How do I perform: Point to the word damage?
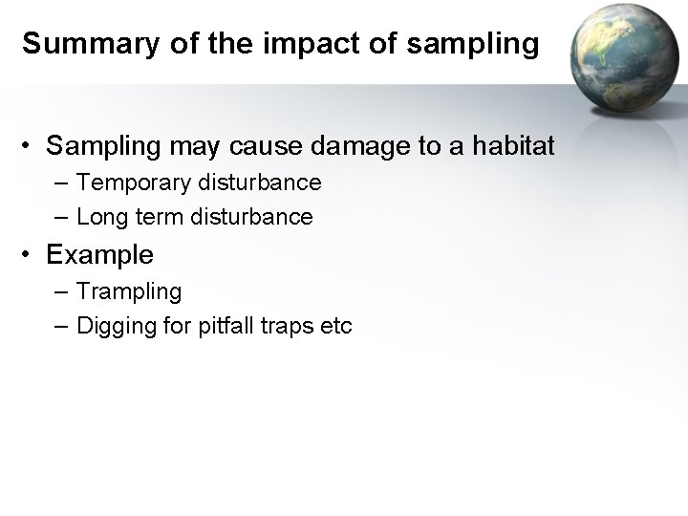pos(348,146)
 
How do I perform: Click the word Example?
pos(99,255)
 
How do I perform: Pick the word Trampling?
pos(129,290)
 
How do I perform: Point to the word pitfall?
pos(223,326)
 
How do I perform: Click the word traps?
pos(290,326)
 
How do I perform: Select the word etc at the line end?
pos(337,326)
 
